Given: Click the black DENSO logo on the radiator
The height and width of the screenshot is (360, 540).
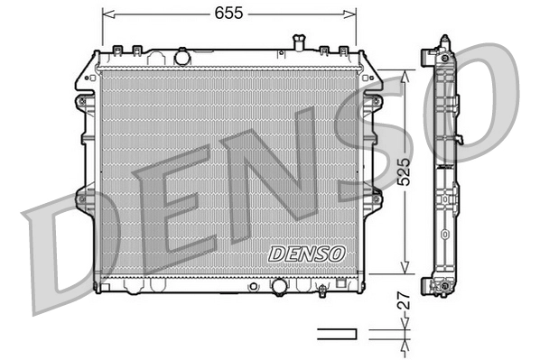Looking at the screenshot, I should tap(307, 254).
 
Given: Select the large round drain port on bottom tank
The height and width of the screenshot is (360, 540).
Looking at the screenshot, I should tap(280, 286).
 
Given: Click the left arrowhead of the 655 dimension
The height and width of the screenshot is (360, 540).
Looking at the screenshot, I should tap(107, 14).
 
